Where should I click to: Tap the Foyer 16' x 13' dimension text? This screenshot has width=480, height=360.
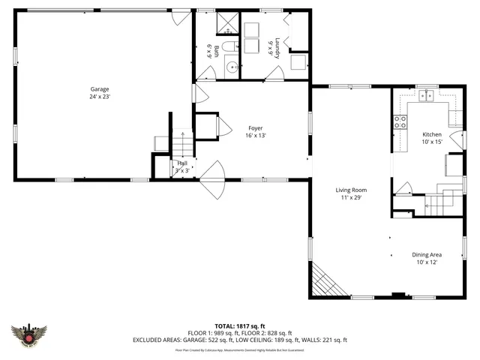(255, 136)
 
